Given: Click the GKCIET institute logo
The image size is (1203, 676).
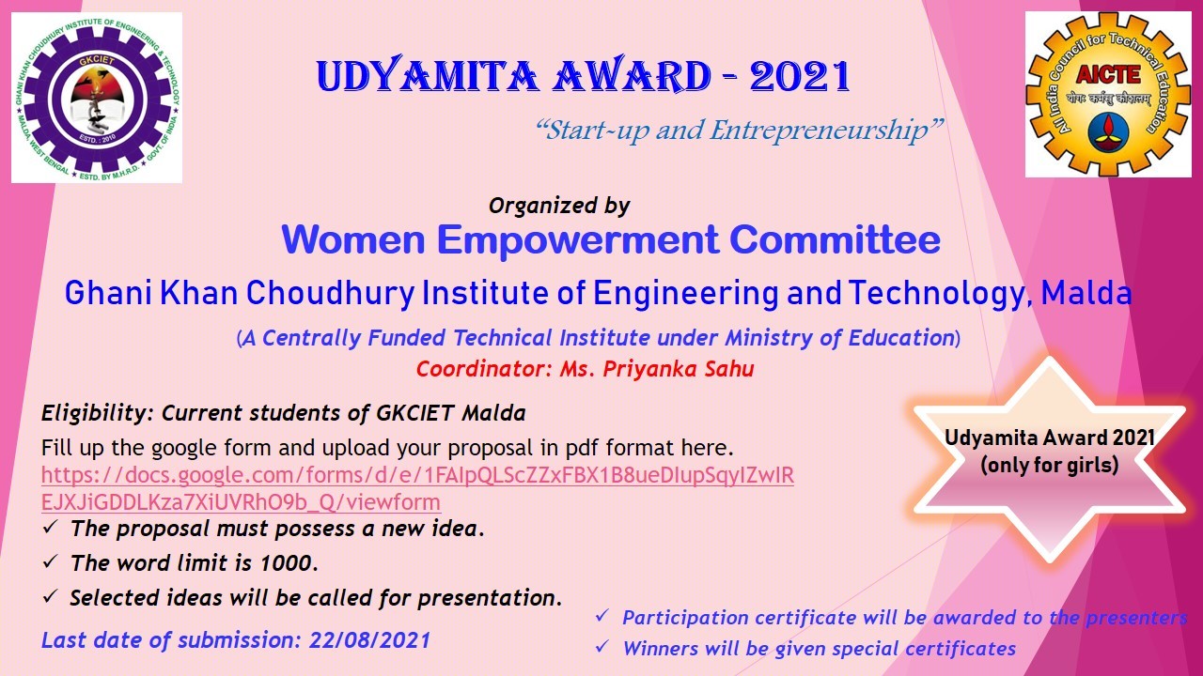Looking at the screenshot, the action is click(x=97, y=98).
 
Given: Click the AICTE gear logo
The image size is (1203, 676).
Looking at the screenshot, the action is click(x=1108, y=95).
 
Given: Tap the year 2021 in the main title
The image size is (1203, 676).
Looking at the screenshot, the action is click(x=800, y=76).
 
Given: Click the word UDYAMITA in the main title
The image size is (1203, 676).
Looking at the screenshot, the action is click(x=428, y=76).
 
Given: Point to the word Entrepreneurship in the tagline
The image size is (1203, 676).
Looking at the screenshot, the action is click(x=820, y=131).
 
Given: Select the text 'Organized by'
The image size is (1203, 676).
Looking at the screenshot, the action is click(x=559, y=206).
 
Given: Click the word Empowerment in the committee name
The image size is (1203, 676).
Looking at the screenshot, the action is click(x=578, y=239).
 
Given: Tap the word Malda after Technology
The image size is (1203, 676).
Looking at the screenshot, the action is click(x=1086, y=293).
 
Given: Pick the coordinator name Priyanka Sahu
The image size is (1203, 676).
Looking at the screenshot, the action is click(x=679, y=369).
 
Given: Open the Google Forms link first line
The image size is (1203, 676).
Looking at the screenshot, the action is click(x=417, y=476).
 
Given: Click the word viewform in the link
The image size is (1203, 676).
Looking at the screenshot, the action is click(x=393, y=502).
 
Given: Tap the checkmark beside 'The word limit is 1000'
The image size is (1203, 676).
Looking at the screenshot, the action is click(x=50, y=561).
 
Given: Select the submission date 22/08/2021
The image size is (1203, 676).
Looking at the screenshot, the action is click(x=369, y=640).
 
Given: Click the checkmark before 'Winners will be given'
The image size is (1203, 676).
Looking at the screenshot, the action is click(x=602, y=647).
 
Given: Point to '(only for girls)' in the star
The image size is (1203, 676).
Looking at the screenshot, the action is click(x=1050, y=465).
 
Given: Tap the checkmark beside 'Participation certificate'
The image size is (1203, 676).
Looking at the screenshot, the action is click(x=602, y=615).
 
